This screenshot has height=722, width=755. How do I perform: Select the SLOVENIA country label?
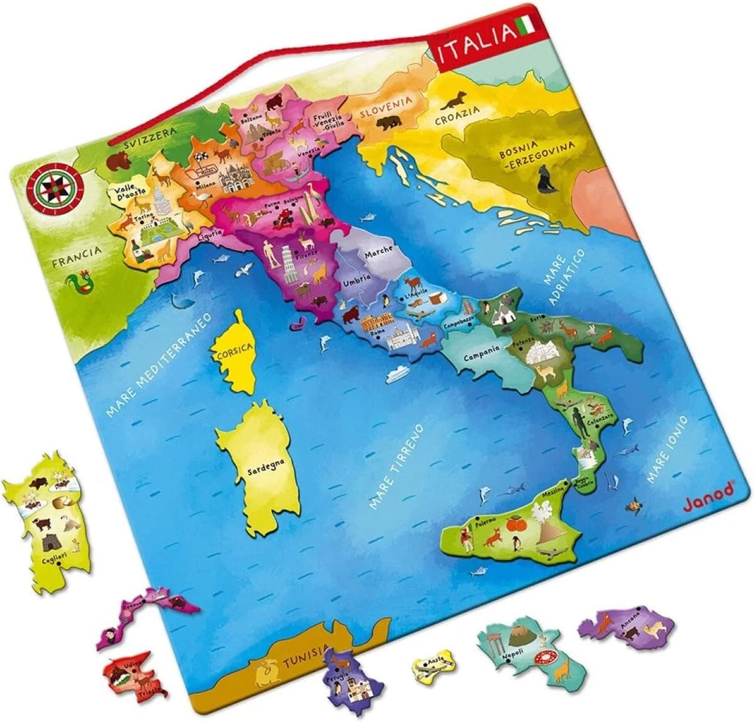point(386,107)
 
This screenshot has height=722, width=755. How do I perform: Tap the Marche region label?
point(378,251)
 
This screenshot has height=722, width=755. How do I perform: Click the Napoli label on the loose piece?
point(510,656)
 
